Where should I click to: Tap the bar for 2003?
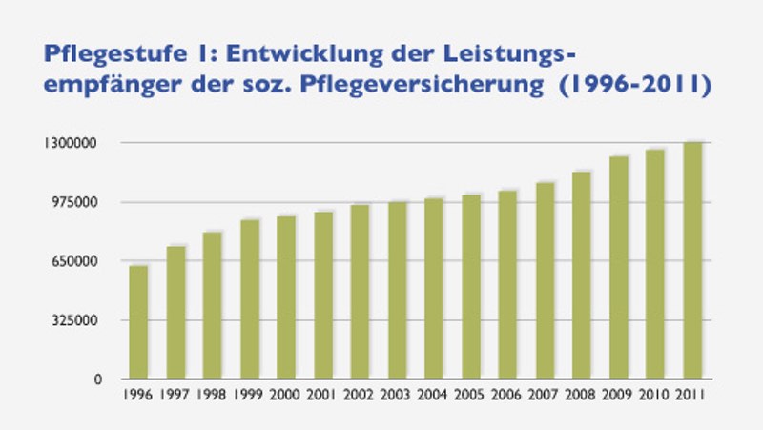[397, 290]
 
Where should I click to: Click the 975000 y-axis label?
[81, 202]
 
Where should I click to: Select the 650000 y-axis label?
[81, 261]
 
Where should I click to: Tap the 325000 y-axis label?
[81, 320]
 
